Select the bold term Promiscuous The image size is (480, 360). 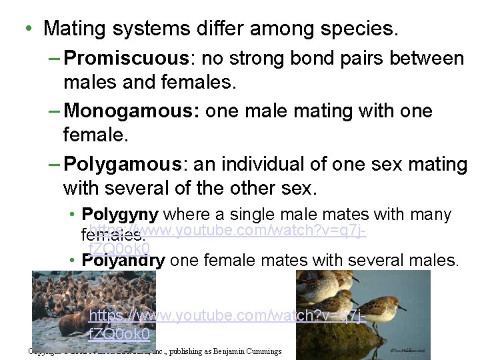click(128, 59)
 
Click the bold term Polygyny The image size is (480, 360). click(119, 215)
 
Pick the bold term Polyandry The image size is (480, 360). click(123, 260)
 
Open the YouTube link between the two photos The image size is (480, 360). click(227, 316)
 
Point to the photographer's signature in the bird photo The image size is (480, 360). click(414, 347)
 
